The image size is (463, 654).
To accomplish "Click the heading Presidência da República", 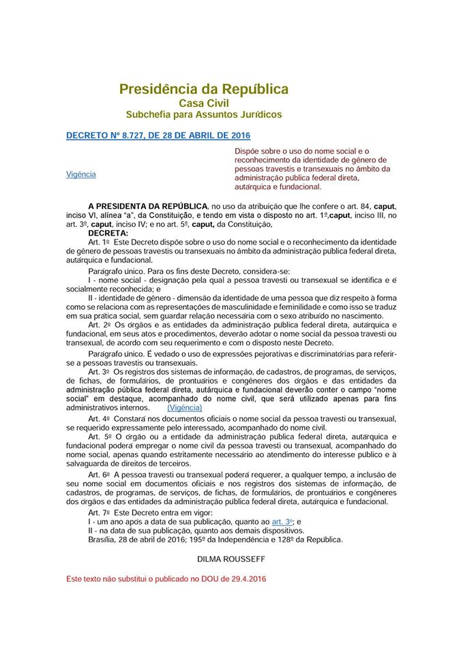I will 203,89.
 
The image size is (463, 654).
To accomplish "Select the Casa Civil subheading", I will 204,103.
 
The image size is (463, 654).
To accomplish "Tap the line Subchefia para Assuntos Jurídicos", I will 204,114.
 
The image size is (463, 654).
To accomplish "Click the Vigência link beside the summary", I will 81,174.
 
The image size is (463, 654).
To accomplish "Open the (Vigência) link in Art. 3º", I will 184,407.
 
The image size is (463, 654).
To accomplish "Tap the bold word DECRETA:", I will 108,233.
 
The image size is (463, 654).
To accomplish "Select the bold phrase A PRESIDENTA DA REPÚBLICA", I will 148,206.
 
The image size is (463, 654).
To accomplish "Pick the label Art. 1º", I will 98,242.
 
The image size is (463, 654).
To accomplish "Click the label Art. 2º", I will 98,325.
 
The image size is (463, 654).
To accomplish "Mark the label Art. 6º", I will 98,473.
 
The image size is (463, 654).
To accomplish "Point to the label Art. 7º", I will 98,512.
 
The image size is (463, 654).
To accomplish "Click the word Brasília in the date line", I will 103,540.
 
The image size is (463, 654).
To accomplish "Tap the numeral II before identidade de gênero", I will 91,298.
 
